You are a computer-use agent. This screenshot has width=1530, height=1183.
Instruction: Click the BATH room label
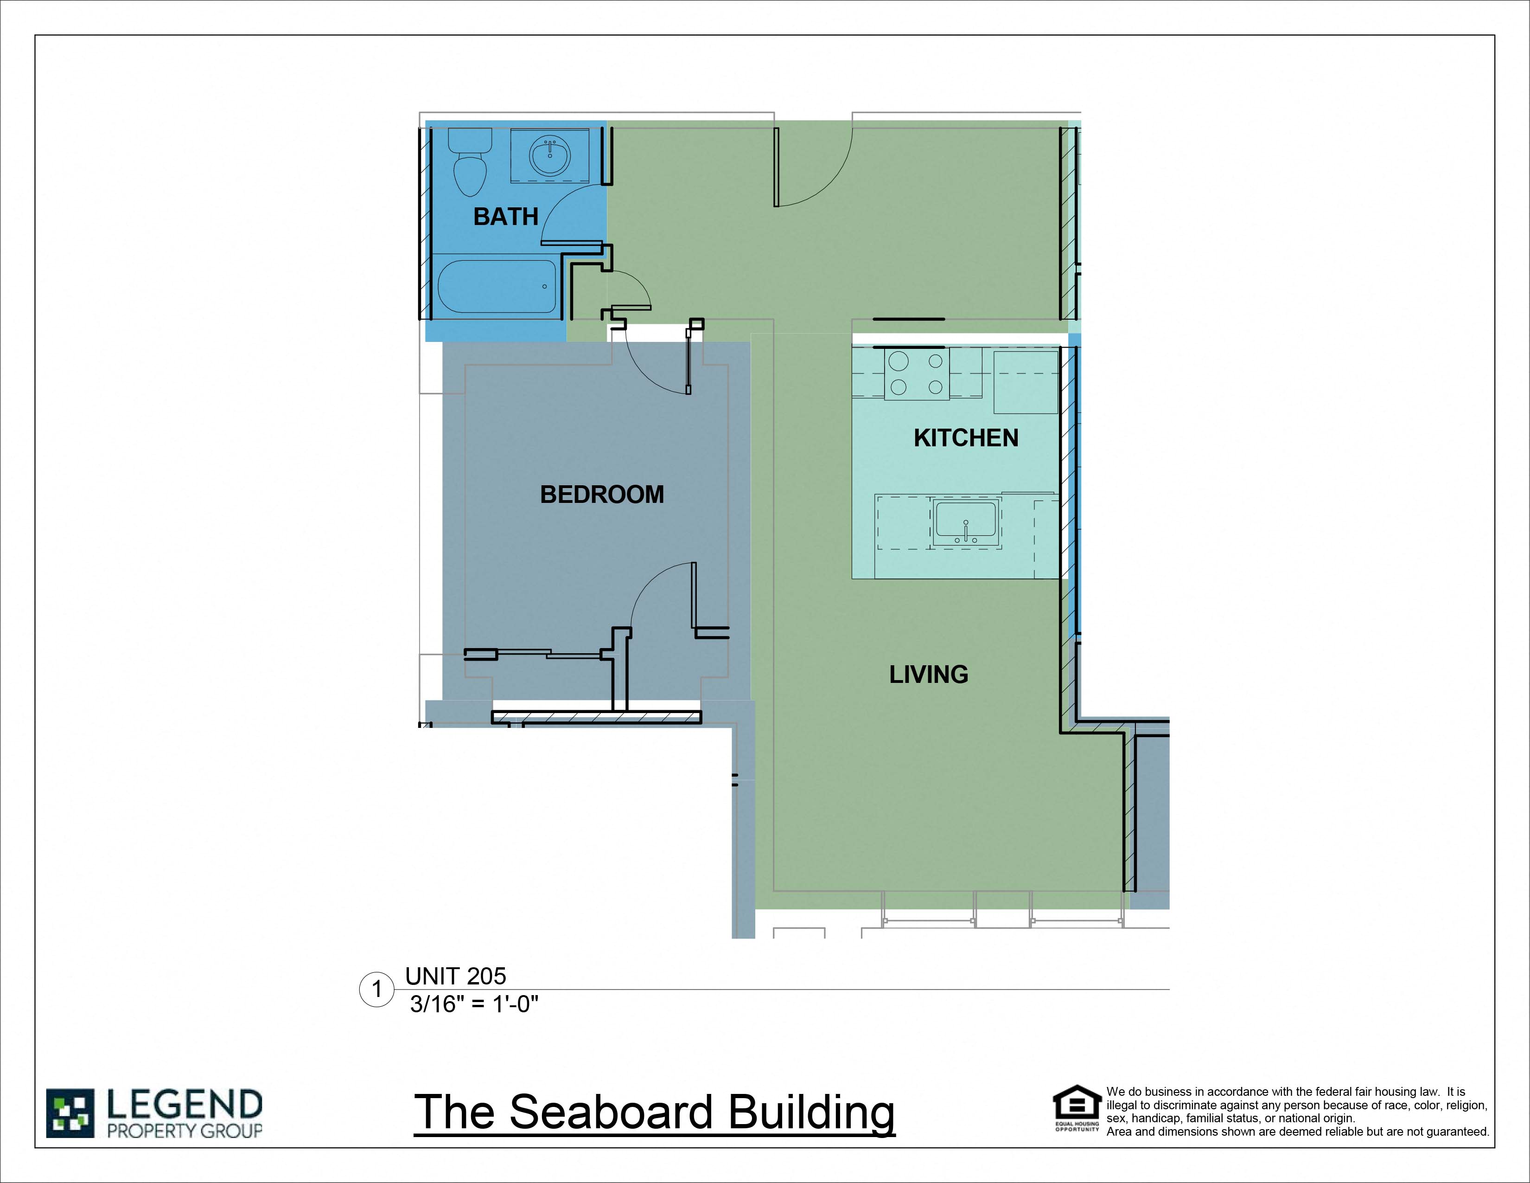(506, 217)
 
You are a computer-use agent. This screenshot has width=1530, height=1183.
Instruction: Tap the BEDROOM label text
(602, 495)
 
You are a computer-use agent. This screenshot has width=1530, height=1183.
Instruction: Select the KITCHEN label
(966, 438)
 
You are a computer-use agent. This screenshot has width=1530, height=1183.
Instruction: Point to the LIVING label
(929, 674)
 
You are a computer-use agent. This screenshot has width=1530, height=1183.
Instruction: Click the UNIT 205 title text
(455, 976)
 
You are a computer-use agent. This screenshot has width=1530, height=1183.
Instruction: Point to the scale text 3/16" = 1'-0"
(474, 1004)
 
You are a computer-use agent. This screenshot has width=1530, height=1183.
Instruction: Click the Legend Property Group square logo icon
(70, 1113)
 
